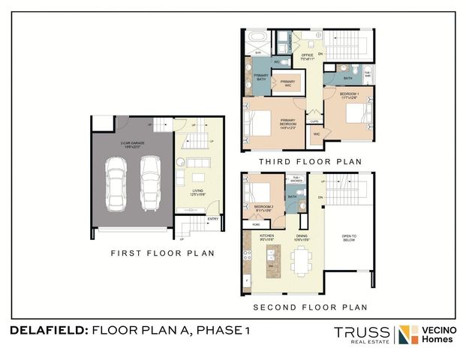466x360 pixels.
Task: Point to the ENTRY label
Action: (213, 219)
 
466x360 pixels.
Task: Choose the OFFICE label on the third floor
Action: (308, 55)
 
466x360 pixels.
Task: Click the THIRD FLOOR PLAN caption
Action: (310, 161)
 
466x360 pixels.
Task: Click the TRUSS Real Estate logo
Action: (362, 334)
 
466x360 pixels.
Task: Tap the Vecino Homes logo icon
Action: (409, 334)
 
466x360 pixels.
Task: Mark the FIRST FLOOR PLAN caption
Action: (162, 253)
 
